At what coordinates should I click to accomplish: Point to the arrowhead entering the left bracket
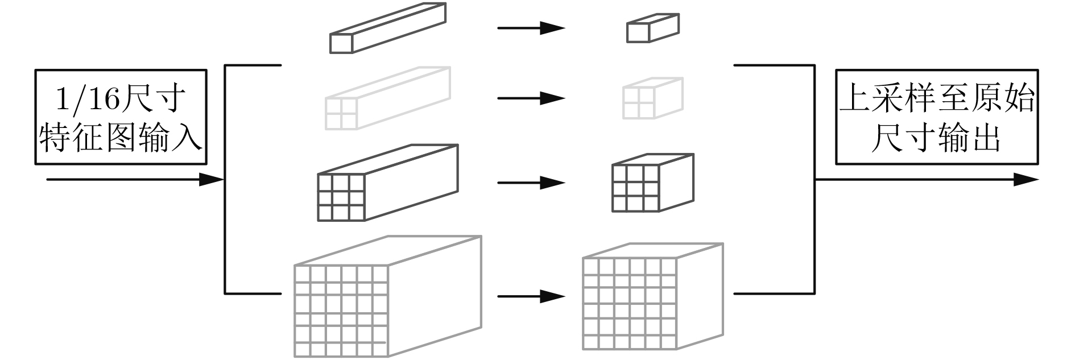tap(212, 180)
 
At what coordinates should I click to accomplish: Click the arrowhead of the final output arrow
tap(1027, 180)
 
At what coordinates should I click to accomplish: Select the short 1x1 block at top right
tap(652, 28)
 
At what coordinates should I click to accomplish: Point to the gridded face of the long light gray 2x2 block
tap(341, 113)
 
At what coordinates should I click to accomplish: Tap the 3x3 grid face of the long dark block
tap(341, 197)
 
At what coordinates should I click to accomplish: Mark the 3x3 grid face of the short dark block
tap(635, 188)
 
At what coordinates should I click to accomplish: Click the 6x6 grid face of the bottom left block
tap(341, 311)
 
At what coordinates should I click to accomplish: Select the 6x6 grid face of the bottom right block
tap(630, 304)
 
